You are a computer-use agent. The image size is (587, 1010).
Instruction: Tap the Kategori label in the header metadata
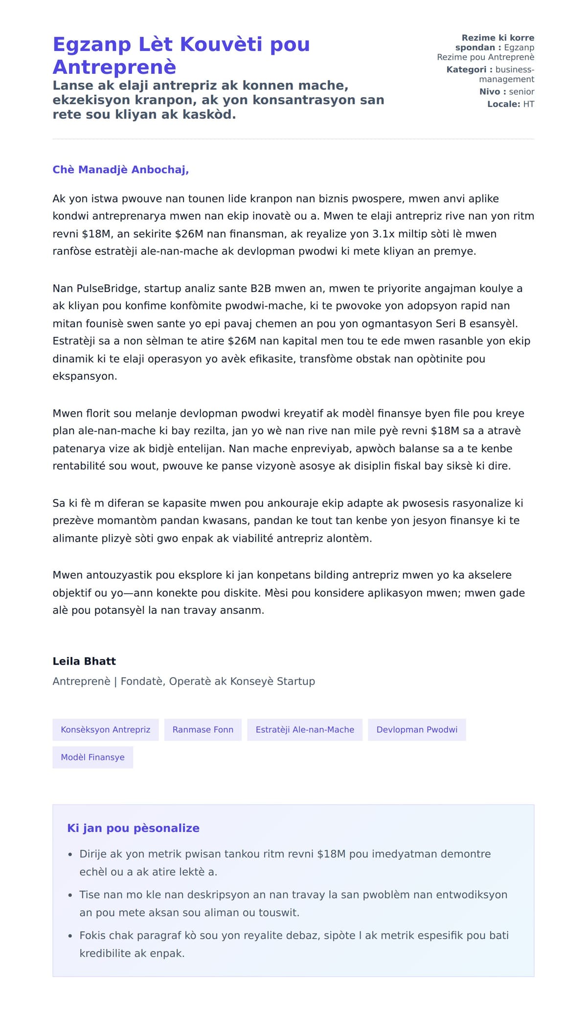466,69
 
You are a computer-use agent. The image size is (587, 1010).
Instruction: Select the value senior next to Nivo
521,91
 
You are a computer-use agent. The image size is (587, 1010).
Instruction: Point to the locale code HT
528,104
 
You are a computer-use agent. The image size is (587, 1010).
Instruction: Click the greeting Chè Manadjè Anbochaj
120,170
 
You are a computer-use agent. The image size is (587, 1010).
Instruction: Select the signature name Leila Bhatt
84,661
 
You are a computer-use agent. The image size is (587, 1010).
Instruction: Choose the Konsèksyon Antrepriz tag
106,730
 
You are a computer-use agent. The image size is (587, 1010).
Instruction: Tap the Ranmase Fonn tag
203,730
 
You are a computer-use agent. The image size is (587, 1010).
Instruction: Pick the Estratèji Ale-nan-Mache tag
305,730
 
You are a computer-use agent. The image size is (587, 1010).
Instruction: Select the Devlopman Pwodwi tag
417,730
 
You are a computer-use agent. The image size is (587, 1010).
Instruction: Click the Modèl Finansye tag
93,757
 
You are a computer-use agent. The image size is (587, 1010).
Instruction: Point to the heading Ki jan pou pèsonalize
133,828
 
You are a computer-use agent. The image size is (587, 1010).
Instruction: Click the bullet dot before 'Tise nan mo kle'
70,896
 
